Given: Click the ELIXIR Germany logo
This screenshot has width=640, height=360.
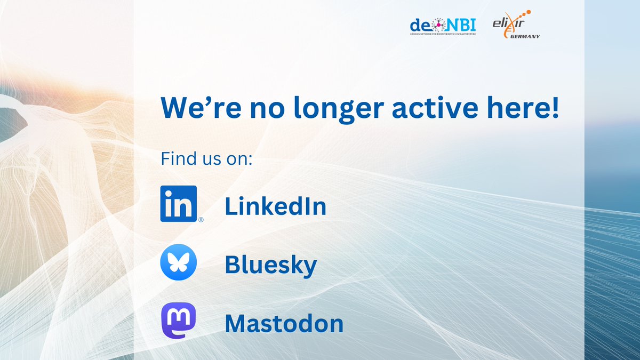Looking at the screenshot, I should pyautogui.click(x=516, y=25).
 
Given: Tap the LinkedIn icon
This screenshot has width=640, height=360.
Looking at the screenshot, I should pyautogui.click(x=179, y=203).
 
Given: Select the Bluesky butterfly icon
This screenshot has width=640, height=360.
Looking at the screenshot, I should pyautogui.click(x=179, y=265).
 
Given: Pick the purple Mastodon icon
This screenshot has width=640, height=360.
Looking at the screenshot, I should pyautogui.click(x=179, y=323).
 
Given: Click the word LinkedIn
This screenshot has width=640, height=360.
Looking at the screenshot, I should pyautogui.click(x=275, y=207).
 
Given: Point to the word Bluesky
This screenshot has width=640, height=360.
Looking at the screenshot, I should pyautogui.click(x=270, y=266).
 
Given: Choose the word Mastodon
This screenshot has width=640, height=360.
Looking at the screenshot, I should pyautogui.click(x=284, y=323).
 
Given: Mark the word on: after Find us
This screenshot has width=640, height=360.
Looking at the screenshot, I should pyautogui.click(x=237, y=159).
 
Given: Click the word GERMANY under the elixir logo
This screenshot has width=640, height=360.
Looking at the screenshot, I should pyautogui.click(x=524, y=37).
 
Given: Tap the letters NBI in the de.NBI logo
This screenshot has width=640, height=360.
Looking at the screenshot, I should pyautogui.click(x=460, y=24).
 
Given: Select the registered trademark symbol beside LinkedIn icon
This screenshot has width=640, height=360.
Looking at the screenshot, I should pyautogui.click(x=201, y=219).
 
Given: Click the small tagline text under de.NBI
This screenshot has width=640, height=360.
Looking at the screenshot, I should pyautogui.click(x=443, y=34).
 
